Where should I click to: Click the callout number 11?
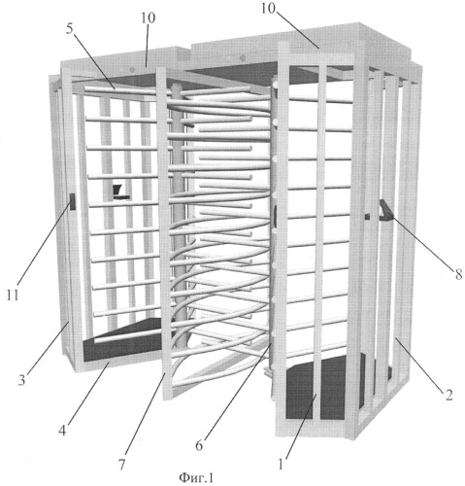click(x=13, y=295)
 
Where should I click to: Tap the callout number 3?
click(x=21, y=379)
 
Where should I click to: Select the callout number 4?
click(x=62, y=431)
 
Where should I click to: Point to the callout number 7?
click(x=121, y=465)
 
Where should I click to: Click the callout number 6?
click(x=199, y=445)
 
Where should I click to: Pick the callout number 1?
click(x=281, y=464)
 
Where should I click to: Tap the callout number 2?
click(x=448, y=395)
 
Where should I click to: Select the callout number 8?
click(x=458, y=274)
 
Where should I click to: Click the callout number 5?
click(x=70, y=29)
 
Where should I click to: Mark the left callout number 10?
click(x=148, y=17)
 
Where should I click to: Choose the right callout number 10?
click(x=268, y=9)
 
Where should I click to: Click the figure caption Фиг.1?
click(x=196, y=477)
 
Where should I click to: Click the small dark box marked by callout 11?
click(x=73, y=201)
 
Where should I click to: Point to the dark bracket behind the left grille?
click(x=120, y=191)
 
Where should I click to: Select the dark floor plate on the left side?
click(x=126, y=340)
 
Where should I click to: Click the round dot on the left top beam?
click(x=132, y=70)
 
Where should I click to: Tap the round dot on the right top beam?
click(x=242, y=58)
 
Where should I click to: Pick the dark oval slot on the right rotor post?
click(x=276, y=216)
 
